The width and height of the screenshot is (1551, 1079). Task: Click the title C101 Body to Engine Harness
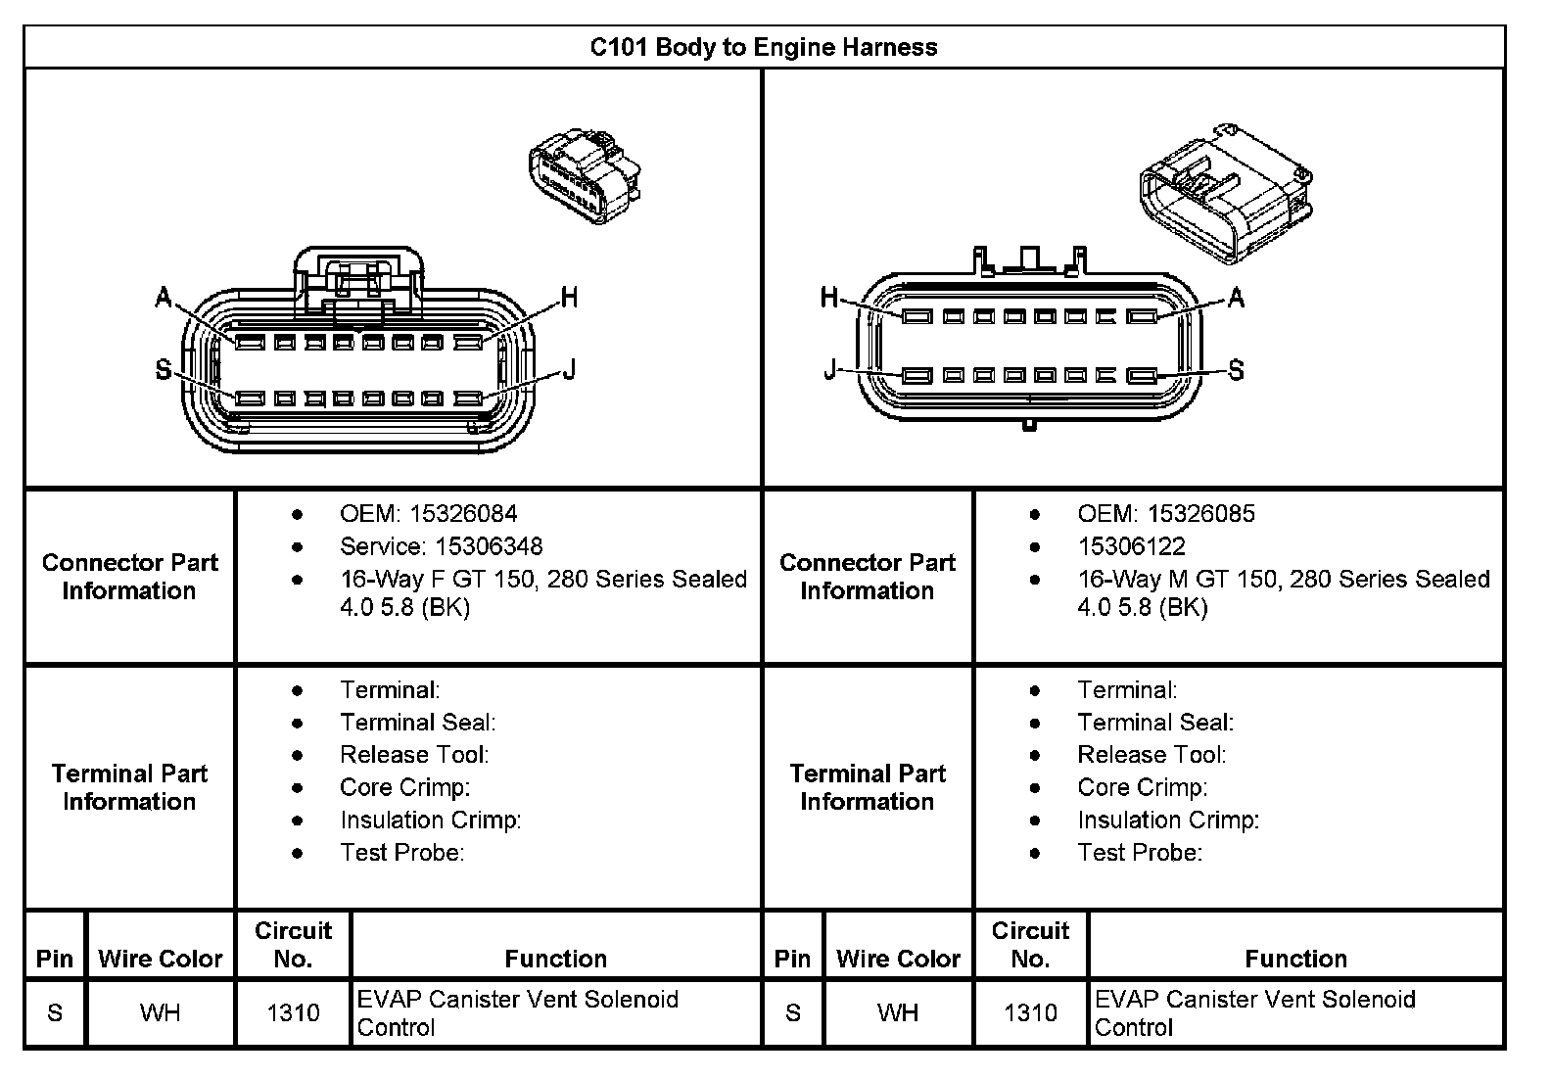763,47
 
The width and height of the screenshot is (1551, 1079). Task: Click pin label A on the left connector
164,298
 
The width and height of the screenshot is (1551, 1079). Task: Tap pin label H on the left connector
569,297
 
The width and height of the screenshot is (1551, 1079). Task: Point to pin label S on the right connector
1236,370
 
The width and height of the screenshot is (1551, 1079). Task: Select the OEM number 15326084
463,513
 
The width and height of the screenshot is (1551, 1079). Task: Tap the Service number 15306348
489,545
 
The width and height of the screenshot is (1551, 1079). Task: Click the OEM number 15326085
1200,513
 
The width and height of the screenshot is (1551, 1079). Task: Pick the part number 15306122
1131,545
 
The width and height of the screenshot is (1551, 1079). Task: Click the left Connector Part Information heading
129,577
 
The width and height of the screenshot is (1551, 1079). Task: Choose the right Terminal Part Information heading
868,787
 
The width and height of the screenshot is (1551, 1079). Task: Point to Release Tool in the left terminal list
414,754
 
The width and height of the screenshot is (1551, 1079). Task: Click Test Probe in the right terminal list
1140,852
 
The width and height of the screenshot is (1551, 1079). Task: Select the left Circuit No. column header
293,944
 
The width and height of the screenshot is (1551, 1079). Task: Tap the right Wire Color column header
898,959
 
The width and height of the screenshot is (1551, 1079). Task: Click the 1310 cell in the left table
293,1012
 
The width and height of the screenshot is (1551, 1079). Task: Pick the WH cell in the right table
898,1012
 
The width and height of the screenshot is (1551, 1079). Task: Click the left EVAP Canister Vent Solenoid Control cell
518,1012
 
